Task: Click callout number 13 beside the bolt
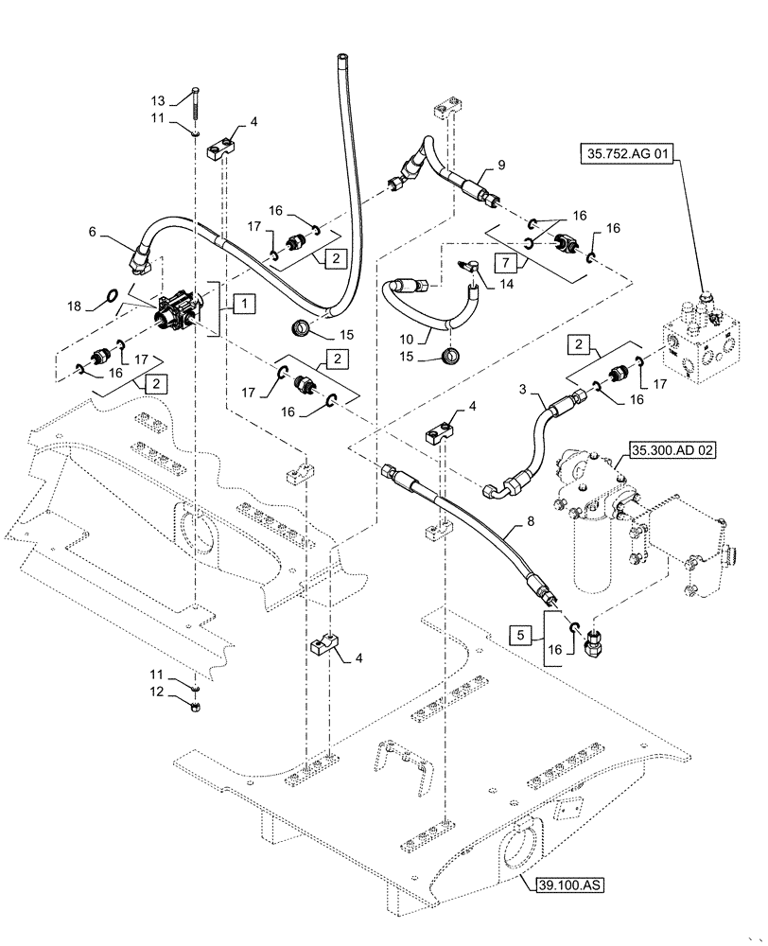click(x=158, y=100)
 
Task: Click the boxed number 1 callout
click(x=243, y=304)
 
